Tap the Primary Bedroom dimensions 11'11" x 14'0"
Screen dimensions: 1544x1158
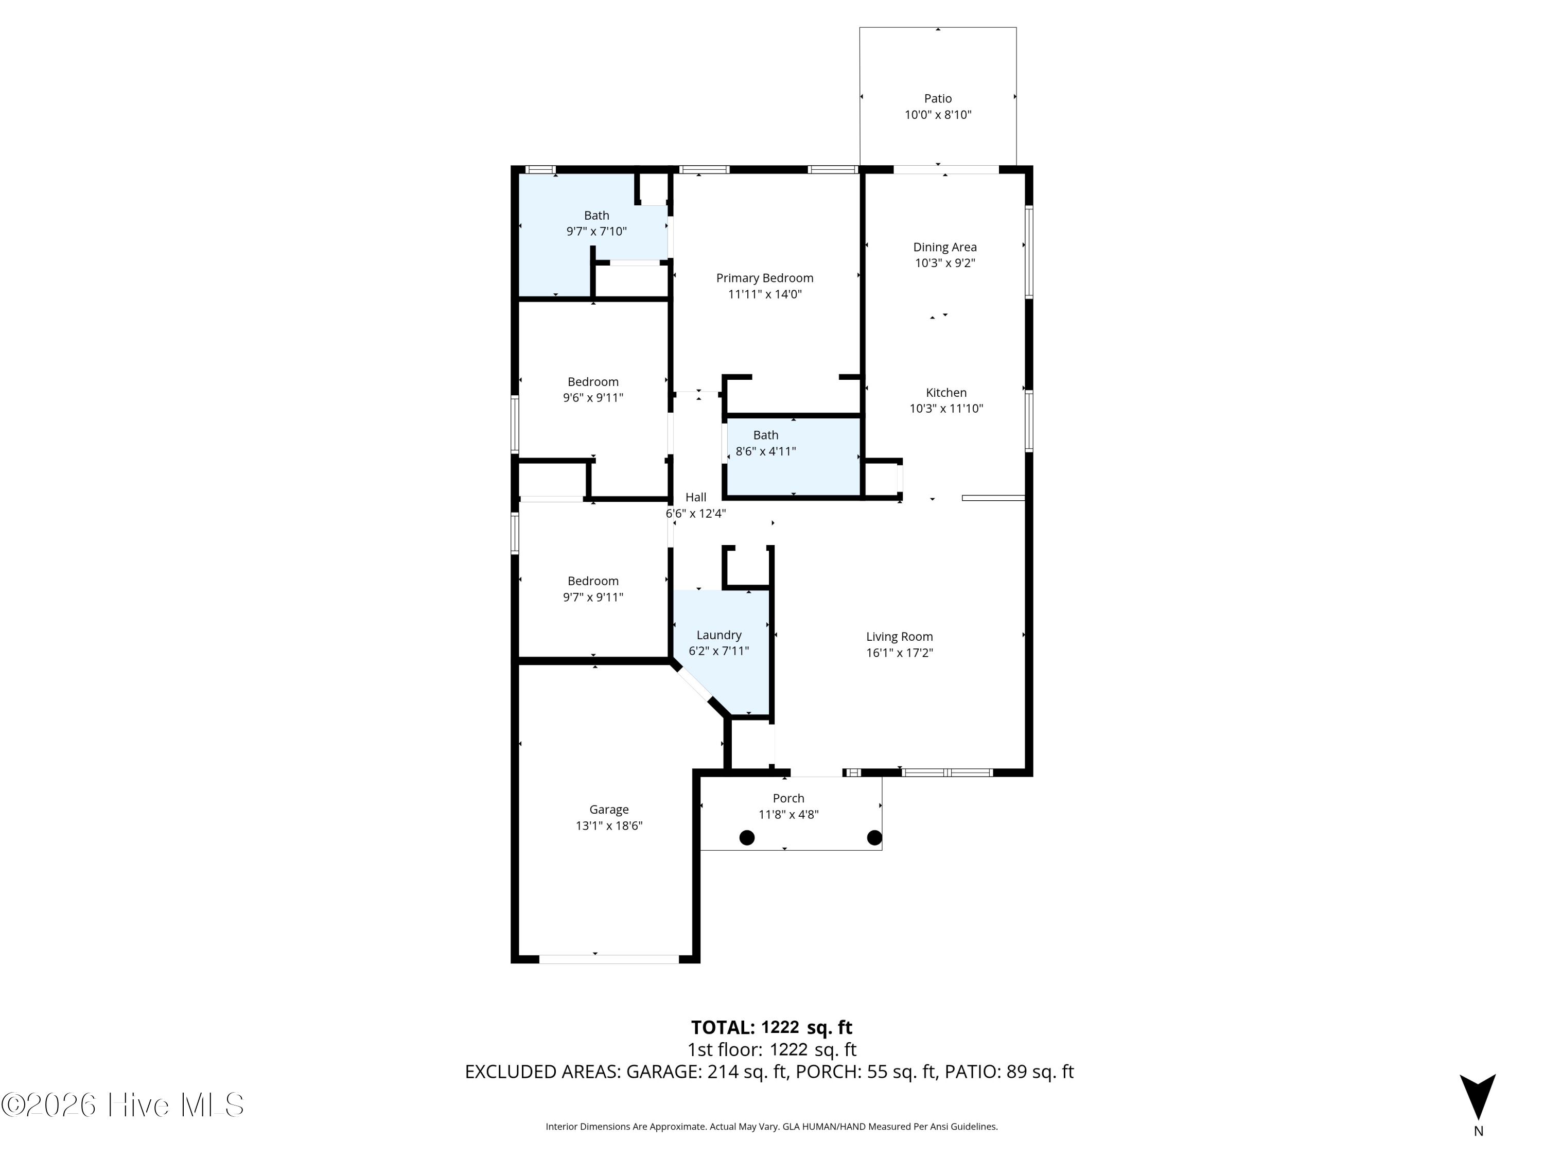click(x=764, y=294)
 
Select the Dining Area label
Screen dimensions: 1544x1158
click(x=944, y=247)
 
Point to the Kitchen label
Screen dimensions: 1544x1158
click(x=946, y=392)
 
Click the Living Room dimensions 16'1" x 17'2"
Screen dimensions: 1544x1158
click(x=899, y=653)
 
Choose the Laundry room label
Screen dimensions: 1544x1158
click(x=718, y=635)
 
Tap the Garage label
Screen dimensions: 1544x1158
click(x=609, y=810)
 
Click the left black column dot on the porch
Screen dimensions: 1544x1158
click(x=747, y=837)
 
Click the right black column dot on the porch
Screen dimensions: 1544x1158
click(x=874, y=837)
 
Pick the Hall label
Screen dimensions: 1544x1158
click(x=695, y=497)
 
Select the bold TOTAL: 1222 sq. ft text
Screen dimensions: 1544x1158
click(x=771, y=1027)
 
